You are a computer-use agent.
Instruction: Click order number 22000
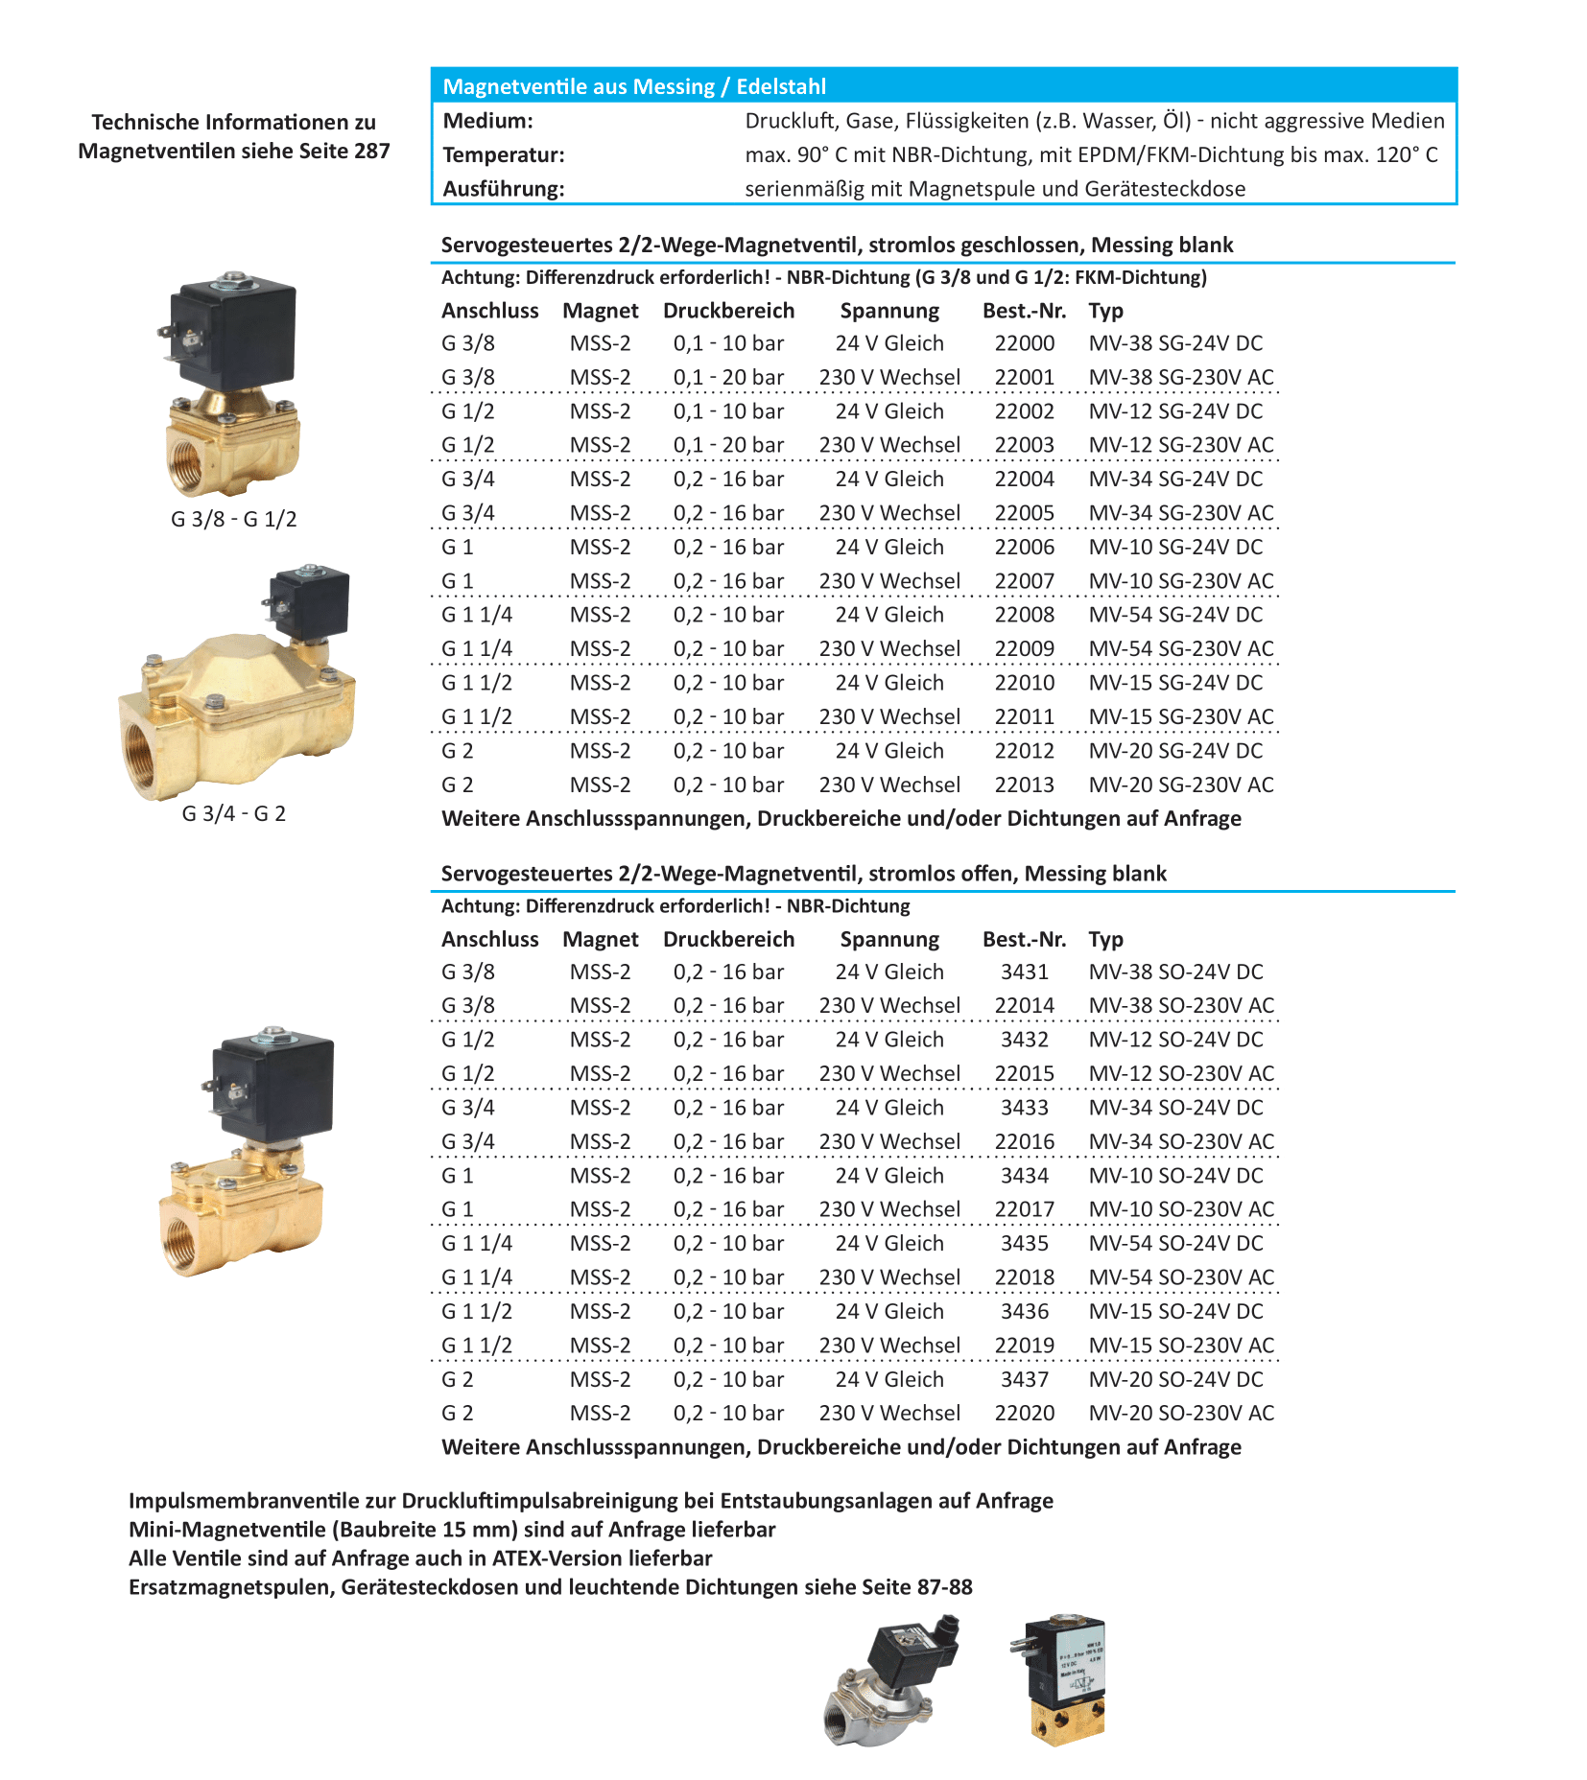(1024, 343)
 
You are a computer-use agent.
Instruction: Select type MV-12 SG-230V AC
(1180, 445)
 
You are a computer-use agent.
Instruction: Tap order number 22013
(1024, 785)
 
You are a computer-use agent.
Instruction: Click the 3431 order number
(1024, 972)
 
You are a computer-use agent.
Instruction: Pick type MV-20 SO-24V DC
(1175, 1379)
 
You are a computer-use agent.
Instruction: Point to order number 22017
(1024, 1209)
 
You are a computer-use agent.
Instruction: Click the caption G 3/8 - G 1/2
(233, 519)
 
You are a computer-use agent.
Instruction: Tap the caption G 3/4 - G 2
(233, 813)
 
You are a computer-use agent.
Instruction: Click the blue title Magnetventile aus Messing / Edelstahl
(633, 86)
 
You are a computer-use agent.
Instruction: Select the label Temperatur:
(503, 154)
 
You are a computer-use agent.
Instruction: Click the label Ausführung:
(503, 189)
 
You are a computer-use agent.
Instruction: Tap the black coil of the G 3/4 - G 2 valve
(309, 602)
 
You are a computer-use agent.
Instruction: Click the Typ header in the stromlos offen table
(1105, 939)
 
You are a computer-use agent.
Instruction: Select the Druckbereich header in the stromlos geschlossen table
(728, 311)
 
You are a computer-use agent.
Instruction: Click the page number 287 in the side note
(370, 151)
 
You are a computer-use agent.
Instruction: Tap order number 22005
(1024, 513)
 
